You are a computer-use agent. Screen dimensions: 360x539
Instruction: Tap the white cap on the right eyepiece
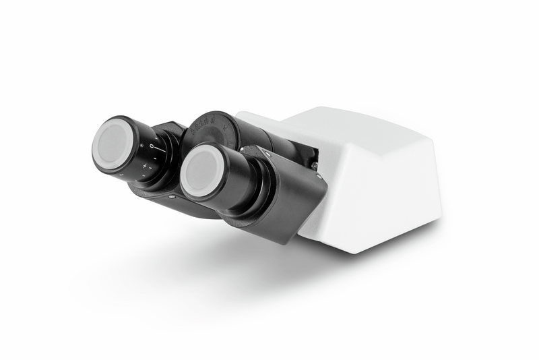pos(201,172)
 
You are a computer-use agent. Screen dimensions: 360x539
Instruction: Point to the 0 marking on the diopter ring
pos(152,146)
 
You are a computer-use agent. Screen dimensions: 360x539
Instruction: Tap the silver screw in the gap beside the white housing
pos(315,165)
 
